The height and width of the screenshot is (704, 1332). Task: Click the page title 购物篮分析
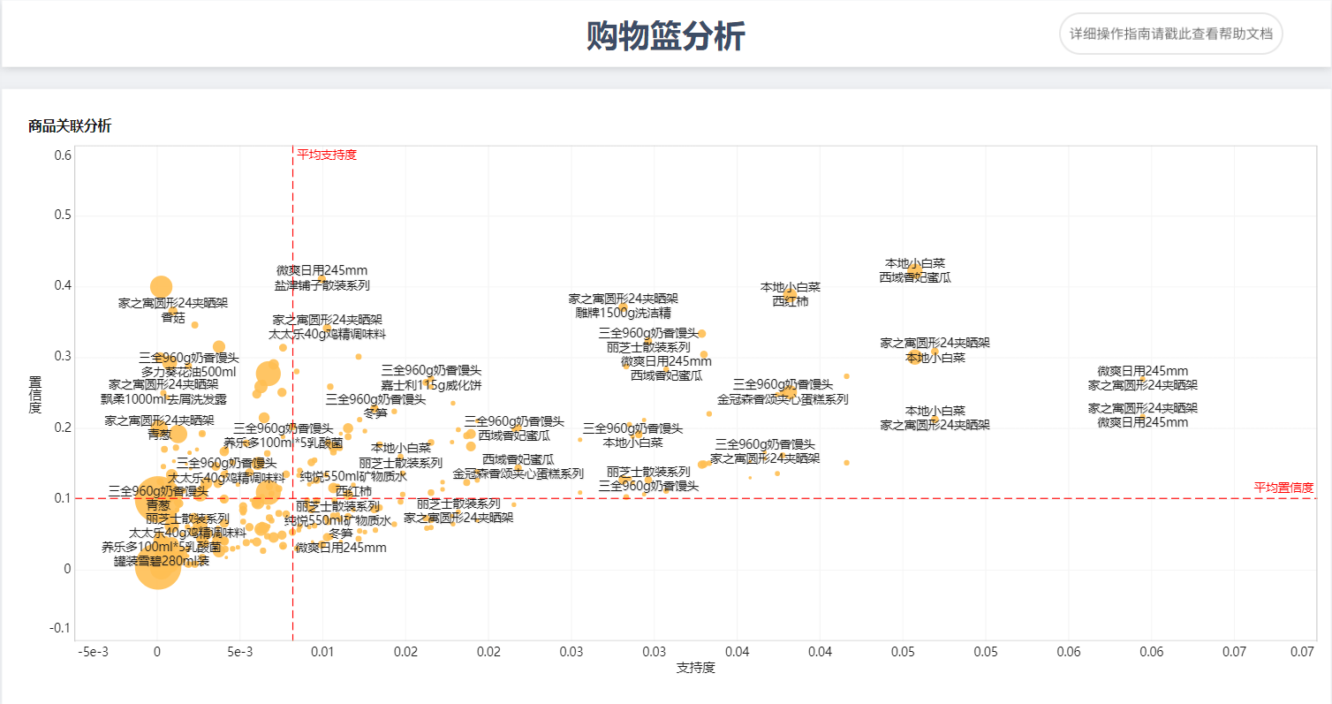tap(665, 37)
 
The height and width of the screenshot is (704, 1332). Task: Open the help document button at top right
tap(1170, 34)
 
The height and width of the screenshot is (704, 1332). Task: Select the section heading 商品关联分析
tap(70, 126)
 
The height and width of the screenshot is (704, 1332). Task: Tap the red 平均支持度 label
tap(327, 155)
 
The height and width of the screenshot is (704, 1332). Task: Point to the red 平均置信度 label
tap(1283, 488)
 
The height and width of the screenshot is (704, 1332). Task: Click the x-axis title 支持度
tap(695, 668)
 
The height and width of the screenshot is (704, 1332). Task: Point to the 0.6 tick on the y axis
tap(62, 155)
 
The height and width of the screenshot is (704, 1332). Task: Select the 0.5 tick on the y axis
tap(62, 216)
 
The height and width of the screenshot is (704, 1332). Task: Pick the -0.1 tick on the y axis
tap(60, 628)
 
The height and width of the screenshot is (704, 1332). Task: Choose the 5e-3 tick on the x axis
tap(239, 652)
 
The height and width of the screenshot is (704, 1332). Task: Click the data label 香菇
tap(173, 317)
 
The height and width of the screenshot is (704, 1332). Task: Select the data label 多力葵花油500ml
tap(188, 372)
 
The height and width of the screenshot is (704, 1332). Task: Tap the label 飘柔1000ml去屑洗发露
tap(163, 398)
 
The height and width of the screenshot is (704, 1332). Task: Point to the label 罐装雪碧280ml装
tap(162, 561)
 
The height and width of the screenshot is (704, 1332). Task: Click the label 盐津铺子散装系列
tap(322, 285)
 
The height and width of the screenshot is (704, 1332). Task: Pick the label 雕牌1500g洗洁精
tap(623, 313)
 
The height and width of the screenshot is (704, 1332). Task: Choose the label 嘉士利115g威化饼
tap(431, 384)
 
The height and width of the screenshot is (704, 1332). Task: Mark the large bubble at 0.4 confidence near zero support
tap(160, 286)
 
